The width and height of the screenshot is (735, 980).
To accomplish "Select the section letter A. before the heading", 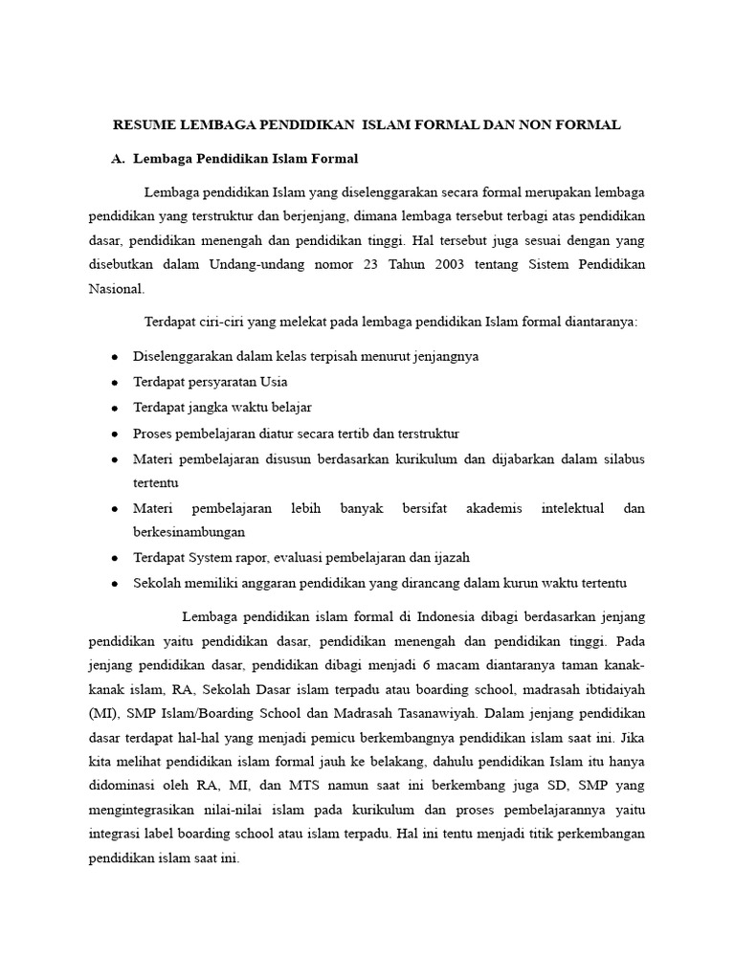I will tap(120, 158).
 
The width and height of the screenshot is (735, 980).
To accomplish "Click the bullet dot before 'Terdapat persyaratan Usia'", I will tap(114, 383).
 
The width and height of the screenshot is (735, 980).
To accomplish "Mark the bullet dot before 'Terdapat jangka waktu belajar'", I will tap(114, 408).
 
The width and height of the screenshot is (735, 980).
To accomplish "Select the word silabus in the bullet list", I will tap(622, 458).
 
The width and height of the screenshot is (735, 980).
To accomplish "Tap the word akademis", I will tap(494, 508).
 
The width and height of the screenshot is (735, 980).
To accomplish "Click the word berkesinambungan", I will tap(189, 532).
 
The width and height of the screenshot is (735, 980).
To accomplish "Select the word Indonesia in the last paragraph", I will tap(449, 615).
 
